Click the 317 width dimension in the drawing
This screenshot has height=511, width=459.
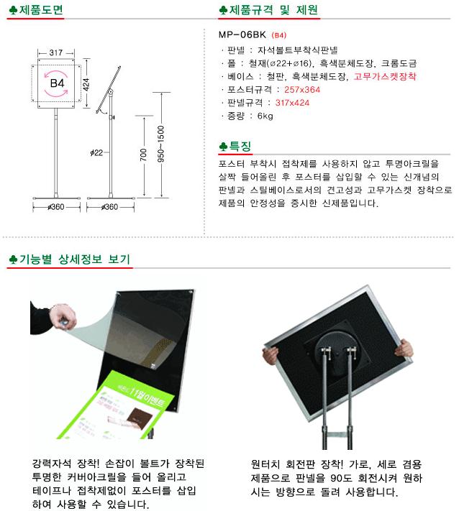pos(56,52)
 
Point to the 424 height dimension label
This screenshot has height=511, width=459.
pos(86,84)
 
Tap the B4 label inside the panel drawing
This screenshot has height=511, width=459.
pos(57,83)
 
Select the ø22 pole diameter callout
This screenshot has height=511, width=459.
pos(96,152)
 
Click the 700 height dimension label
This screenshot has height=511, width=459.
pos(143,155)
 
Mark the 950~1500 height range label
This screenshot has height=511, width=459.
pos(161,144)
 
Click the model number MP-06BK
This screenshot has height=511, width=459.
pos(242,34)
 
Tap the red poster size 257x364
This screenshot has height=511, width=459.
pos(302,90)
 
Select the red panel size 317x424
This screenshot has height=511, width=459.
pos(292,103)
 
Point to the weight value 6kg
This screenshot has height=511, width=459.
pos(265,116)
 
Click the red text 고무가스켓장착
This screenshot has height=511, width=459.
pos(385,77)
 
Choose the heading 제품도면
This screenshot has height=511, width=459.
pos(41,10)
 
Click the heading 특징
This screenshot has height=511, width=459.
pos(240,146)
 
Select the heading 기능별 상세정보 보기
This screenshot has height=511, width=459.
pos(75,259)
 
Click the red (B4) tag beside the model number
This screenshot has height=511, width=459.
pos(279,35)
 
